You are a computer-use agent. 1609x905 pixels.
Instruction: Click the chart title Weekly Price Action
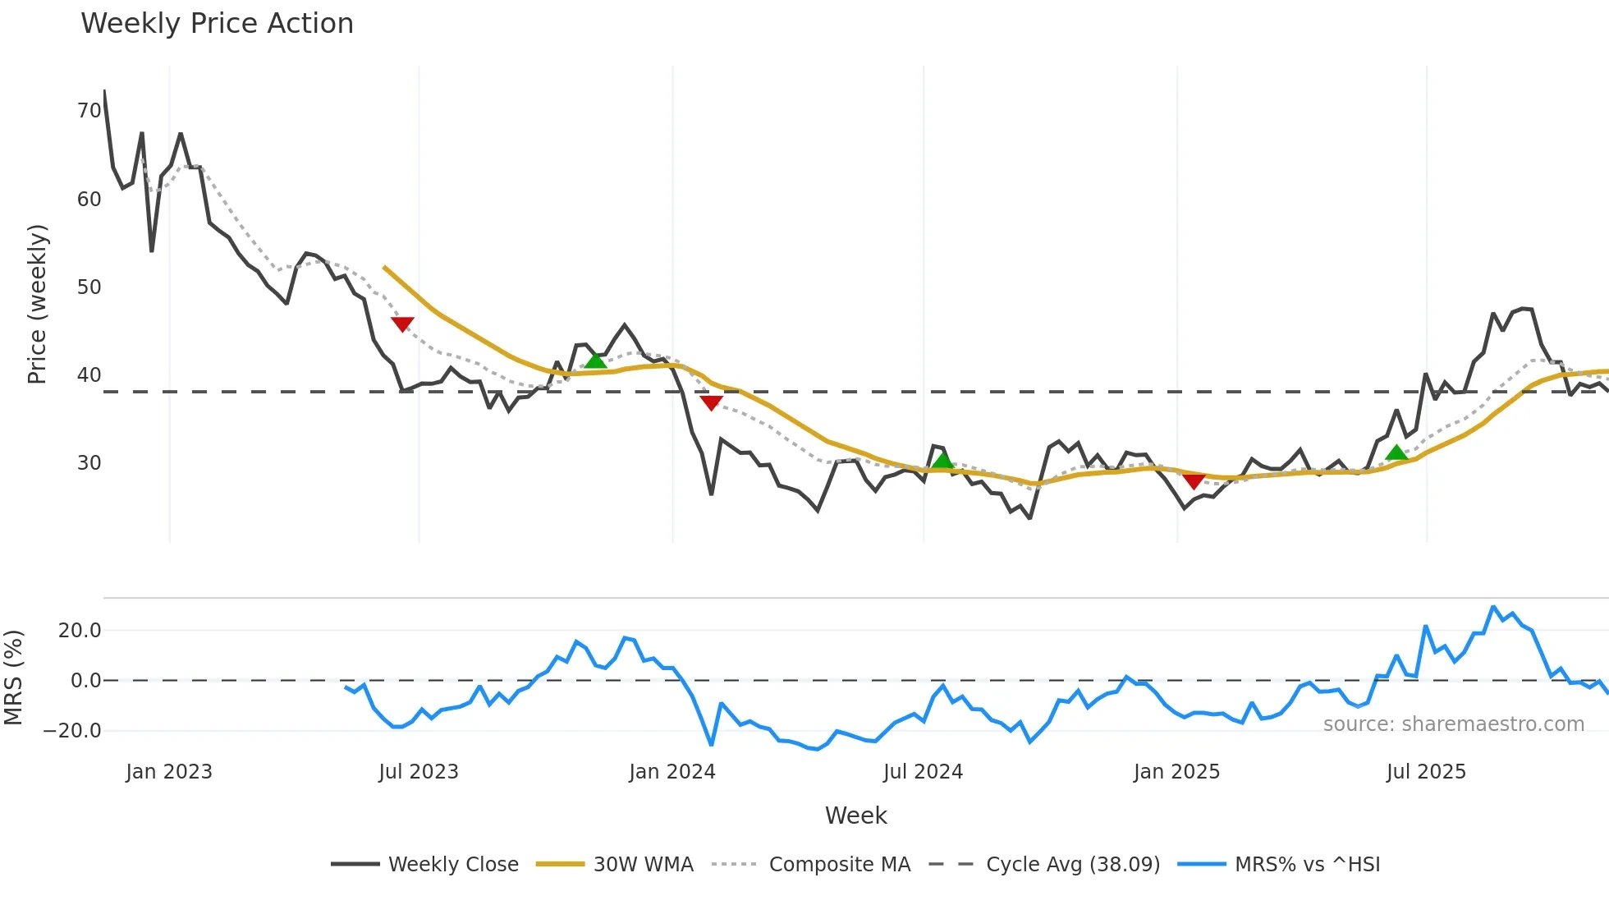(217, 24)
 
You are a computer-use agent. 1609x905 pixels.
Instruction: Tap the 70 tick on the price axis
(89, 111)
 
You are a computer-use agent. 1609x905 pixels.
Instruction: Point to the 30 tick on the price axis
(89, 463)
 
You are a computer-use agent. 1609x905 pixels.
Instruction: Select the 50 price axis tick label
(89, 287)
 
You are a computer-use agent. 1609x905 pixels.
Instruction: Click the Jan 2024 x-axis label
(672, 772)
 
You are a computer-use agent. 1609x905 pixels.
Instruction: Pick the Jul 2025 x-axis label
(1426, 772)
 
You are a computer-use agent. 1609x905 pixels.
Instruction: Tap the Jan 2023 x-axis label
(169, 772)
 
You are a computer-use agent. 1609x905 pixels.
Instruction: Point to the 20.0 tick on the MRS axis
(80, 631)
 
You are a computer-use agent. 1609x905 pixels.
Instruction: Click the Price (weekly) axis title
(38, 304)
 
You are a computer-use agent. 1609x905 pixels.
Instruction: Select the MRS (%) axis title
(13, 678)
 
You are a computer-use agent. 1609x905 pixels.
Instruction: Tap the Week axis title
(855, 815)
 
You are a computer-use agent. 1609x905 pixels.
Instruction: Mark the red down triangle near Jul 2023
(402, 324)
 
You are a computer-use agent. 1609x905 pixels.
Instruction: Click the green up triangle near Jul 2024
(942, 460)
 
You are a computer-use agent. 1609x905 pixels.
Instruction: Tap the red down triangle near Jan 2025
(1194, 481)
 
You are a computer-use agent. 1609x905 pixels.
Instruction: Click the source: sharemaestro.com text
(1453, 724)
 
